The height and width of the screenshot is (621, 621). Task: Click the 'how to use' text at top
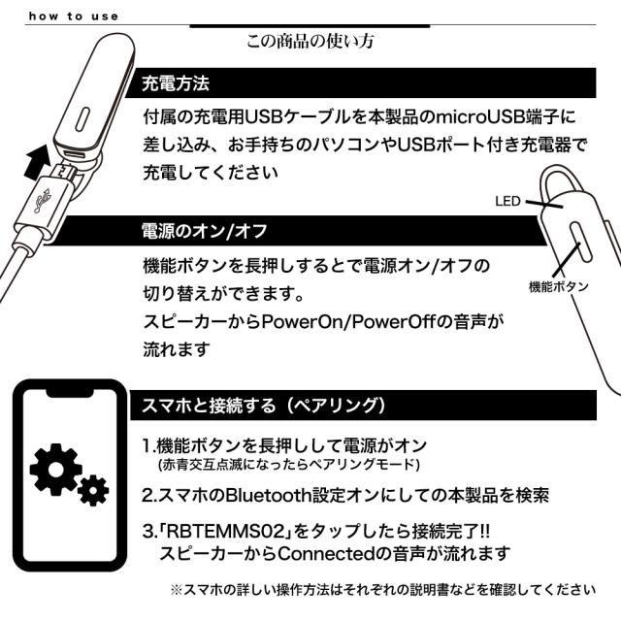coord(73,16)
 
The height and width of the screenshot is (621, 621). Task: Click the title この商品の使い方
coord(310,42)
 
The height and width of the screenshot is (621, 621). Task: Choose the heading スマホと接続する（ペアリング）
coord(265,404)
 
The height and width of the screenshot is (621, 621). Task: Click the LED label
coord(508,202)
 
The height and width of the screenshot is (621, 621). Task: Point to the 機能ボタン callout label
coord(558,286)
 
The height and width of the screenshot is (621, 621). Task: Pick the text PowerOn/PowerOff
coord(384,321)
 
